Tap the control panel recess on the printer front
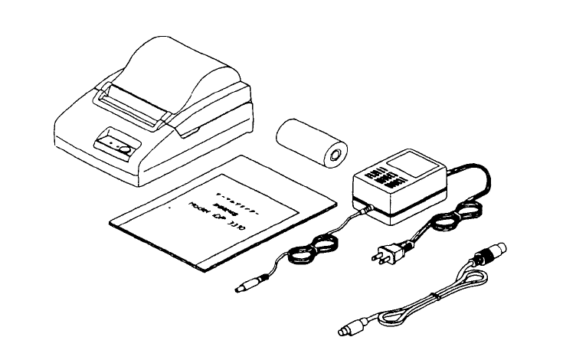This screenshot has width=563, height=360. click(x=114, y=144)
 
